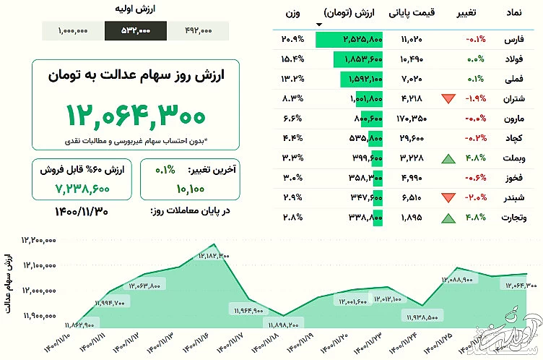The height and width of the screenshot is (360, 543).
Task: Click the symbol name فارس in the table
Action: (x=514, y=39)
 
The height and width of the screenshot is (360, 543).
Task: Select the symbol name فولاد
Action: (x=513, y=59)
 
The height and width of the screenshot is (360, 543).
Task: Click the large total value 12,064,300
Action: (x=136, y=115)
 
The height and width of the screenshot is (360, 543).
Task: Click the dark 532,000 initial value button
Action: (x=135, y=31)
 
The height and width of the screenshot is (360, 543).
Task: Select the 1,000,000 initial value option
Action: (x=73, y=31)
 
